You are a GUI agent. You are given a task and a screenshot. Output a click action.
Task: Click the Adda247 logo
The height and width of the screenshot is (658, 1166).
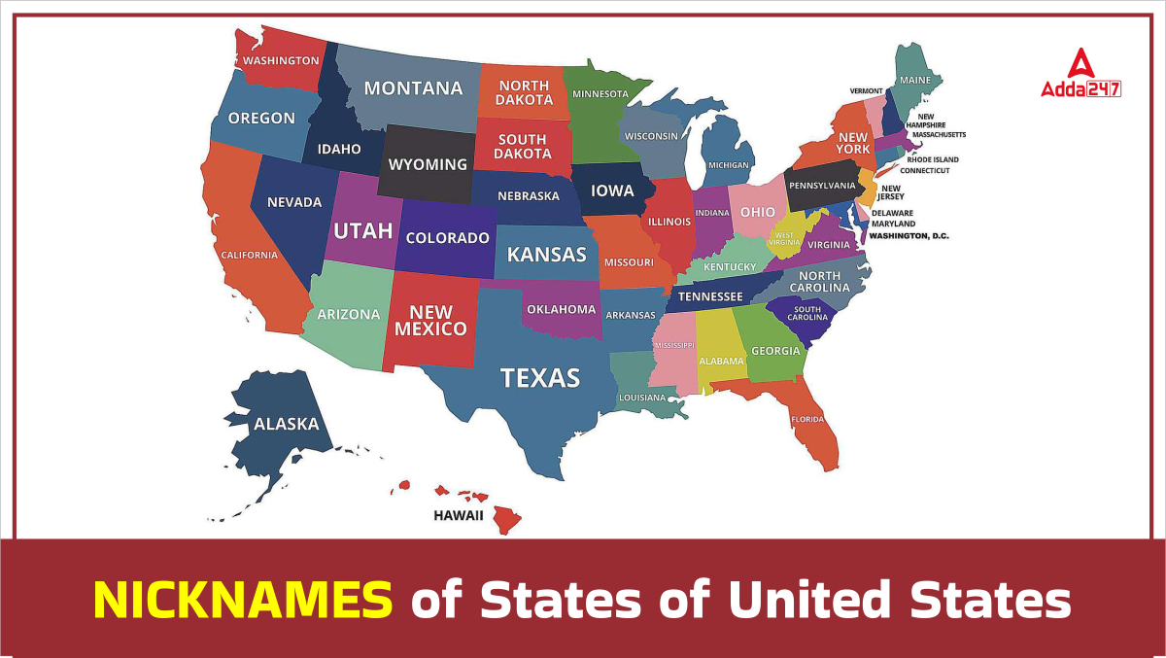click(x=1080, y=75)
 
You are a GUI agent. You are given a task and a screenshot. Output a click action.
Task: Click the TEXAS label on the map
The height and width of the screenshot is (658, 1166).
click(x=539, y=377)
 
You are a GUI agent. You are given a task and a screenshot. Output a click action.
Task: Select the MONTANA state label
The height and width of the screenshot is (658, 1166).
click(x=413, y=88)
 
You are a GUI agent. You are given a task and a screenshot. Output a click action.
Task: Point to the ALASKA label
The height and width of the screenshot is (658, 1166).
click(x=286, y=424)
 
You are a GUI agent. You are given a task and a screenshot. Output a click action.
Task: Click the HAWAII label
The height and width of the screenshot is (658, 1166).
click(x=459, y=515)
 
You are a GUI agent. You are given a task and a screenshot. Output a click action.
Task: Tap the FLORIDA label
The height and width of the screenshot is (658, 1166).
click(x=807, y=420)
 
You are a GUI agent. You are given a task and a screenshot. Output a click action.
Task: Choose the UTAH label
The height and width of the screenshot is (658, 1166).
click(x=362, y=230)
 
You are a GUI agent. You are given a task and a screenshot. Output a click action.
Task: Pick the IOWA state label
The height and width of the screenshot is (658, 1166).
click(x=612, y=190)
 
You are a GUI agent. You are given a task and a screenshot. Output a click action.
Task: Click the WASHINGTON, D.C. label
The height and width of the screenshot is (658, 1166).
click(x=909, y=236)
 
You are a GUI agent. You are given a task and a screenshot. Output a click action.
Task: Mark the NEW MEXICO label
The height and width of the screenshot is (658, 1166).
click(x=430, y=321)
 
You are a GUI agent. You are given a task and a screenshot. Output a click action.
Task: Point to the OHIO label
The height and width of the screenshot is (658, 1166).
click(x=758, y=212)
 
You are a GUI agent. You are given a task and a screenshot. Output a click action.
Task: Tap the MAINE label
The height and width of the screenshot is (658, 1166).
click(x=914, y=80)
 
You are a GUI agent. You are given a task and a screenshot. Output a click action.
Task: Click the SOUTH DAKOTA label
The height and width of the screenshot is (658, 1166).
click(x=522, y=147)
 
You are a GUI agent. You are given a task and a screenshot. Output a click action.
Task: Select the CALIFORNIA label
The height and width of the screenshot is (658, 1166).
click(x=249, y=256)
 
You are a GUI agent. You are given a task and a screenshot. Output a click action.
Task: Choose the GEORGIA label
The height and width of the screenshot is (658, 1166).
click(x=775, y=351)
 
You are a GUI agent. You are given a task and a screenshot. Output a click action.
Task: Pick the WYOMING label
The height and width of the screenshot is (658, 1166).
click(x=428, y=164)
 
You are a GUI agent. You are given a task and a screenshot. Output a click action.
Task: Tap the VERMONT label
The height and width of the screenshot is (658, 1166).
click(x=866, y=90)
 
